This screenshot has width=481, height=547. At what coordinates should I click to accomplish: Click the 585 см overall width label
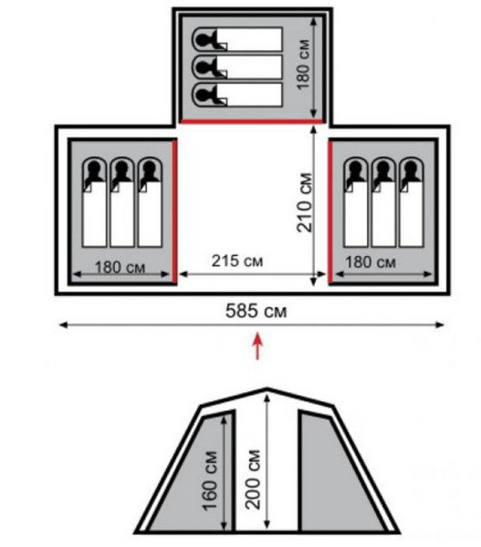pos(256,311)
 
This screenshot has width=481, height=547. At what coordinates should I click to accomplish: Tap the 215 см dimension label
pos(237,261)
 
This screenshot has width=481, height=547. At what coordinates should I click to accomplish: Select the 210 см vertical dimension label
pos(304,202)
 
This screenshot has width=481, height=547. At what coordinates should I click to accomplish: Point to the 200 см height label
pos(253,480)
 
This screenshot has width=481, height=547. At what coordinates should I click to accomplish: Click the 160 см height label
pos(210,481)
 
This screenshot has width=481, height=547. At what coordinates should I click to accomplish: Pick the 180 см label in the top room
pos(303,65)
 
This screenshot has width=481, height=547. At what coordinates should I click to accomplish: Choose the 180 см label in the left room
pos(120,267)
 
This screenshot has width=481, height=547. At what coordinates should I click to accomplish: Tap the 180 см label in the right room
pos(371,262)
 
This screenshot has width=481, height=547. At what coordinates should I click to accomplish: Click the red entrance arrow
pos(257,346)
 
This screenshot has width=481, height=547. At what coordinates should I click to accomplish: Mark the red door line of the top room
pos(251,121)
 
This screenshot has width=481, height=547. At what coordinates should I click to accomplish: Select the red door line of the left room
pos(174,211)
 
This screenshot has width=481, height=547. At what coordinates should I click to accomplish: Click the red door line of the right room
pos(330,212)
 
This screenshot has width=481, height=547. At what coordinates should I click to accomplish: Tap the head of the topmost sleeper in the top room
pos(203,39)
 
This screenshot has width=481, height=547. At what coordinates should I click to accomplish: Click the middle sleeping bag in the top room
pos(236,67)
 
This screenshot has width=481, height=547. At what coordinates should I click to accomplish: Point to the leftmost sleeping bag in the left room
pos(94,202)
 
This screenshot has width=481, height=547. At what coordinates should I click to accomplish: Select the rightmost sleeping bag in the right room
pos(411,202)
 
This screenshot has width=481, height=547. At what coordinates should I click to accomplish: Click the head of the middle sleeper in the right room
pos(383,170)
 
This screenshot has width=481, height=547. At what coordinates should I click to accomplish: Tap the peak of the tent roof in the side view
pos(267,388)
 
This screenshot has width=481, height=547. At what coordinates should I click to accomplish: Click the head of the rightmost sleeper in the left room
pos(150,170)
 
